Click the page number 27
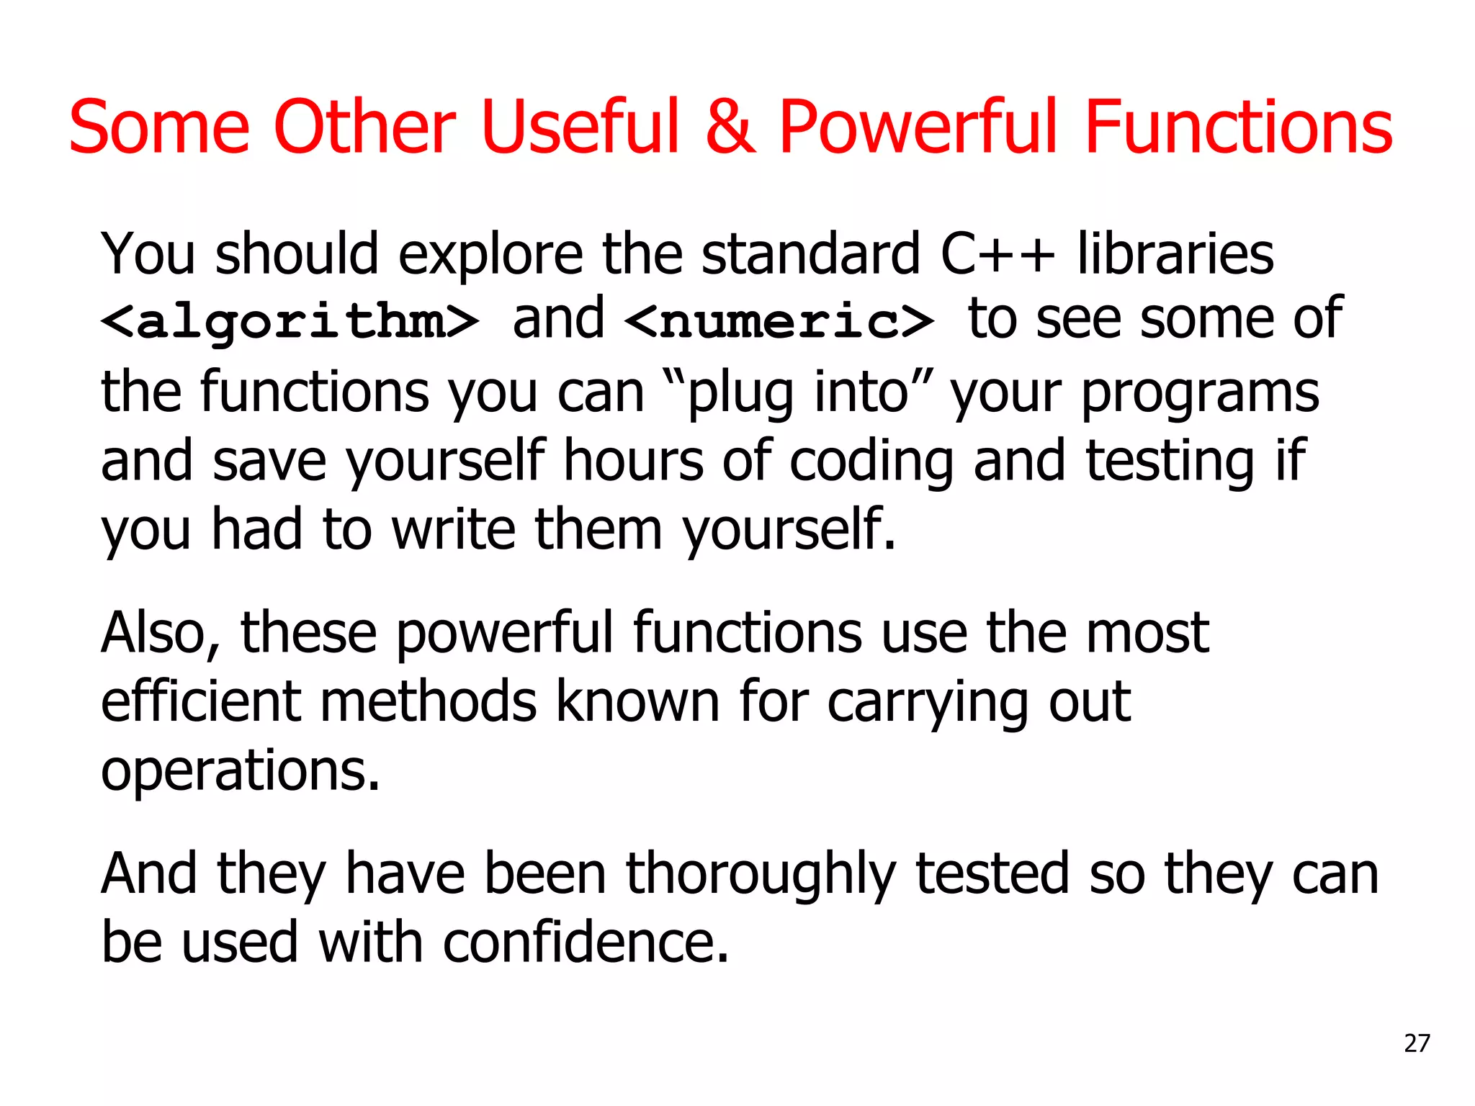pyautogui.click(x=1417, y=1043)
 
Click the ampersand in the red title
pyautogui.click(x=730, y=127)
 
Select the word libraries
pyautogui.click(x=1175, y=253)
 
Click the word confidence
pyautogui.click(x=586, y=942)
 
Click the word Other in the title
pyautogui.click(x=364, y=127)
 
